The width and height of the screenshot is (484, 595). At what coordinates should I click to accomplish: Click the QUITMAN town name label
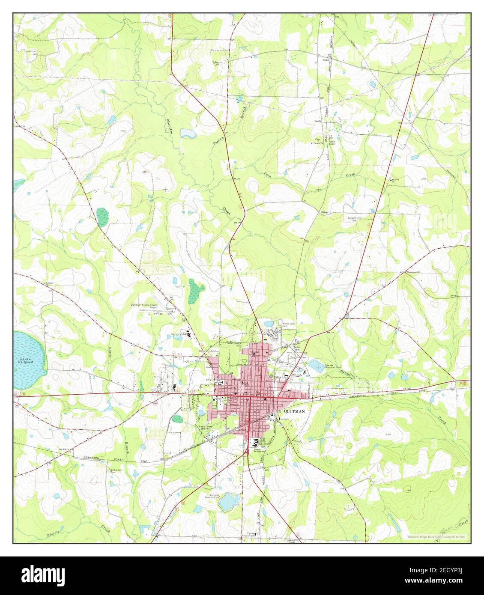coord(294,411)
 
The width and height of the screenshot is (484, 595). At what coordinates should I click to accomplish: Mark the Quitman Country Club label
coord(213,498)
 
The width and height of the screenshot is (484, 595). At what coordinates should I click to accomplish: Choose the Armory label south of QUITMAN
coord(288,420)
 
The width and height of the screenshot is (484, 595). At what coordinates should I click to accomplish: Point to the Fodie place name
coord(318,122)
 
